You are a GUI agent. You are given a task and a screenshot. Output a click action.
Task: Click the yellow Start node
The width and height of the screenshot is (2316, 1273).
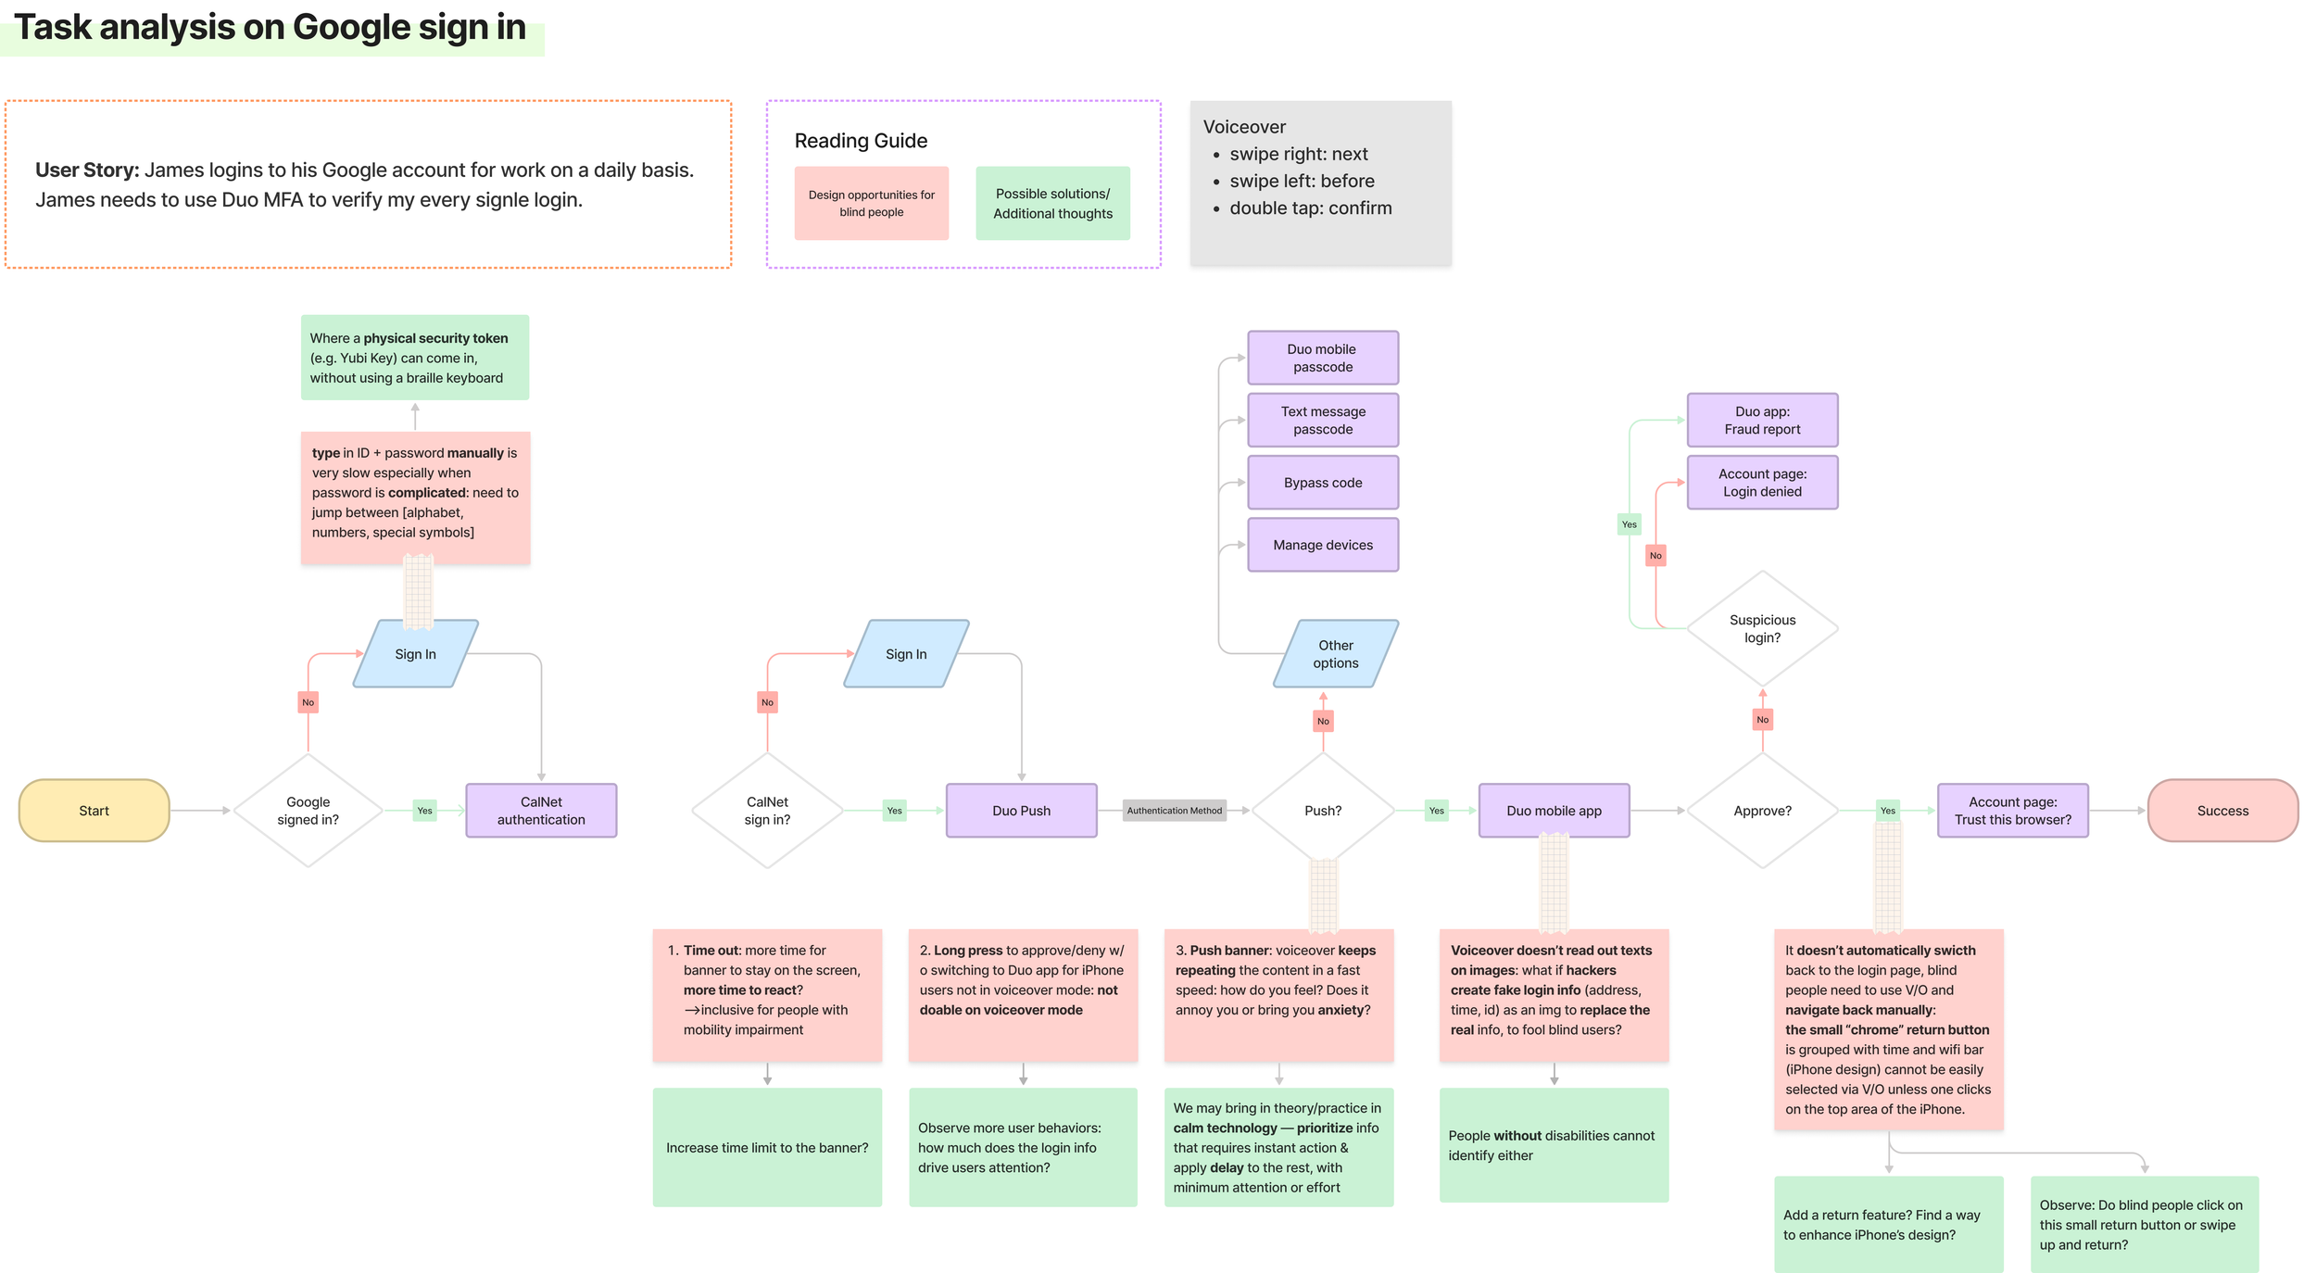[94, 811]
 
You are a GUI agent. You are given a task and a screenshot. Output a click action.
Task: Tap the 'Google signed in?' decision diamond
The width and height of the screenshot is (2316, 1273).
[308, 811]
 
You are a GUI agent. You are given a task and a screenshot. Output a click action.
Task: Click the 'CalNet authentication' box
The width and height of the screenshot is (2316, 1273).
[541, 811]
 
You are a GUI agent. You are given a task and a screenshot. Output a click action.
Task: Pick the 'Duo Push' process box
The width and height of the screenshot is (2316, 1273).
[1021, 811]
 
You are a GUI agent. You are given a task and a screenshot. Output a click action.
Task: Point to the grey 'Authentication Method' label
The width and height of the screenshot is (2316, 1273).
[1174, 811]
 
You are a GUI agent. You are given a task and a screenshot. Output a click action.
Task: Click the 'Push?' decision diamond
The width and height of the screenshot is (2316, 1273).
[1323, 811]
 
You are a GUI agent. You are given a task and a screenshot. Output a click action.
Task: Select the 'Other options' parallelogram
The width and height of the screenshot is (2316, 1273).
[1336, 654]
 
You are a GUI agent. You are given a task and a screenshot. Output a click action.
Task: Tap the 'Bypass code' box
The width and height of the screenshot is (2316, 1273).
[1323, 483]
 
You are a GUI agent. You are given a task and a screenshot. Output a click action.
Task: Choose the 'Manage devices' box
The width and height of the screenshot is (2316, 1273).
[1323, 545]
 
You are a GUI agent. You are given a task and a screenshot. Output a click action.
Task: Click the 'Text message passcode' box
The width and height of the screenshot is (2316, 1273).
[1323, 421]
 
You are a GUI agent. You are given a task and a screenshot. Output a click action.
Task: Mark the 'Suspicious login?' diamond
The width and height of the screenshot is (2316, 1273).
[1762, 629]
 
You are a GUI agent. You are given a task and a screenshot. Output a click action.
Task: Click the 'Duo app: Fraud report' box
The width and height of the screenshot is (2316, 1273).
[1762, 421]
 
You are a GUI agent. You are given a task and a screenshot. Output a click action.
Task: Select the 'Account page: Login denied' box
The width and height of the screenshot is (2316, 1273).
[1762, 483]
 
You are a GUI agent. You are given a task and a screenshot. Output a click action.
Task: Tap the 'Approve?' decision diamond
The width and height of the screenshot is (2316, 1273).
[1762, 811]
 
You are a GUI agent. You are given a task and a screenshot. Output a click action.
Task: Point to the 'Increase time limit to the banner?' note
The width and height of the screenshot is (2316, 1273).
[767, 1147]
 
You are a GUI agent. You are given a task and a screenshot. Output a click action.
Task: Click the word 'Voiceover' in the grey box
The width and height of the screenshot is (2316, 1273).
[1244, 127]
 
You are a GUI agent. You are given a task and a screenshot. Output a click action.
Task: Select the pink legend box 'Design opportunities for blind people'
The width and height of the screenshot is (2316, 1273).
[871, 203]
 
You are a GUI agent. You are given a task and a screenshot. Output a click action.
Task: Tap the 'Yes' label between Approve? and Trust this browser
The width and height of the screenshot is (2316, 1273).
[1887, 811]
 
